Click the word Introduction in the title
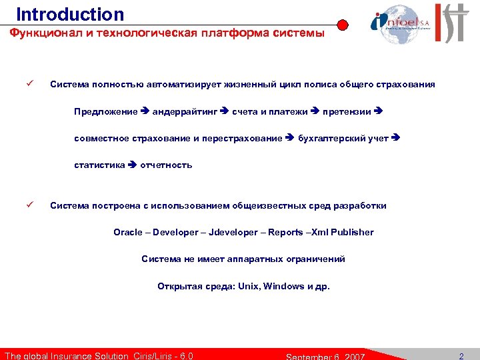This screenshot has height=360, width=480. (70, 14)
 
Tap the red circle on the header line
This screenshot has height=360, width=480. (343, 26)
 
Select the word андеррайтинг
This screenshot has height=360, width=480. (185, 111)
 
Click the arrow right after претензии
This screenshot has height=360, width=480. (379, 111)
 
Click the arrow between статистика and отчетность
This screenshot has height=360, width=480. (132, 165)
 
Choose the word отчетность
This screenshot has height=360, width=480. (166, 165)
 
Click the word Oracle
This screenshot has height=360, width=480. (128, 232)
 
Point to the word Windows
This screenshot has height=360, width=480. (283, 286)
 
